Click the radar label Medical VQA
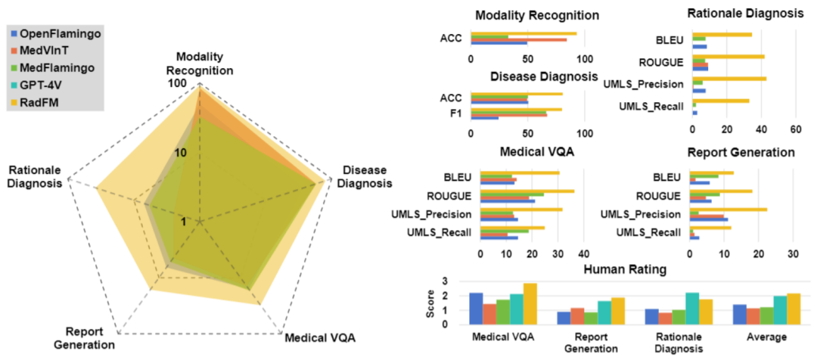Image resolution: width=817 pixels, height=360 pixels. [319, 337]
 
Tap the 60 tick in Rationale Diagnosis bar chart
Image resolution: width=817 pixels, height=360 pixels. [795, 129]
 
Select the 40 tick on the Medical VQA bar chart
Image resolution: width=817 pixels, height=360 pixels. [584, 255]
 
